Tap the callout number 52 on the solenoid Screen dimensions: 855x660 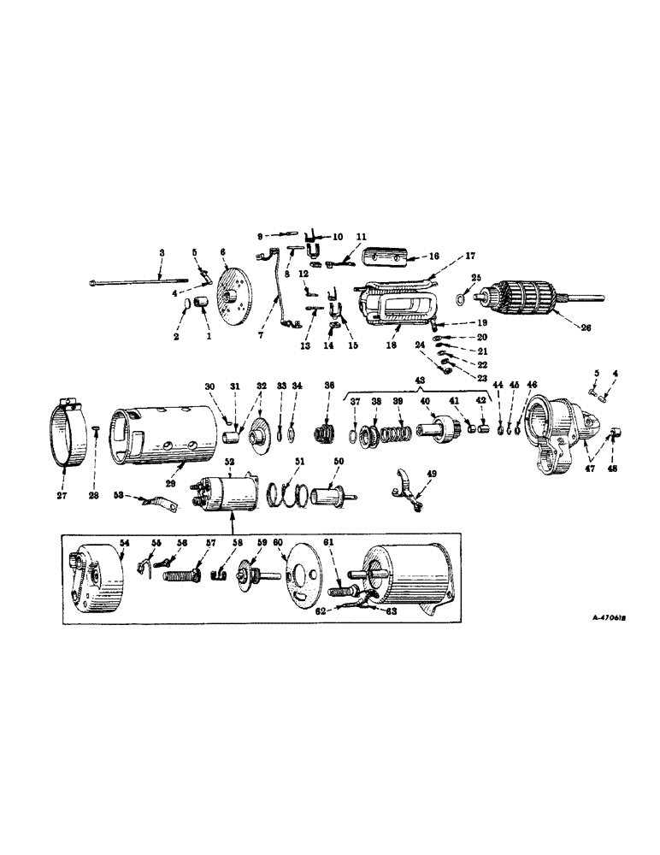(x=228, y=463)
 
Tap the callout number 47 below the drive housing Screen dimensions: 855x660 (x=590, y=469)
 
